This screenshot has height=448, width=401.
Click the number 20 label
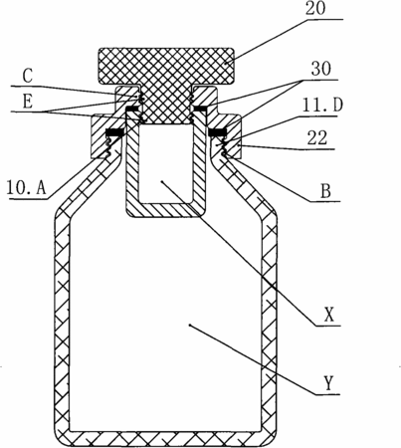point(315,9)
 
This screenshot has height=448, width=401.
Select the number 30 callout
point(321,70)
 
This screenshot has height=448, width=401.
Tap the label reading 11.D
point(322,106)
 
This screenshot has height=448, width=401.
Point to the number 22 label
point(317,138)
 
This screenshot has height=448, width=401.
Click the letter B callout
point(326,191)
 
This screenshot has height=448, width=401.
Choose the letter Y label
point(328,384)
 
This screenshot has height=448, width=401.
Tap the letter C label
point(28,76)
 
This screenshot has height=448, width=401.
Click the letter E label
point(28,102)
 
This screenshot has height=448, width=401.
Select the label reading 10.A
point(26,188)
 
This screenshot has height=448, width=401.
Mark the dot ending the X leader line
point(161,181)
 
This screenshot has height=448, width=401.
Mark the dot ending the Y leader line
point(189,326)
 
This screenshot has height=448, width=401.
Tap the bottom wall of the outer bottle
point(165,439)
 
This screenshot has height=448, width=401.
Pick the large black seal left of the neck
point(114,132)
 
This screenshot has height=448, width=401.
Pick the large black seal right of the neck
point(218,132)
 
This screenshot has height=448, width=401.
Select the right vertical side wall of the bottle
point(270,326)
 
